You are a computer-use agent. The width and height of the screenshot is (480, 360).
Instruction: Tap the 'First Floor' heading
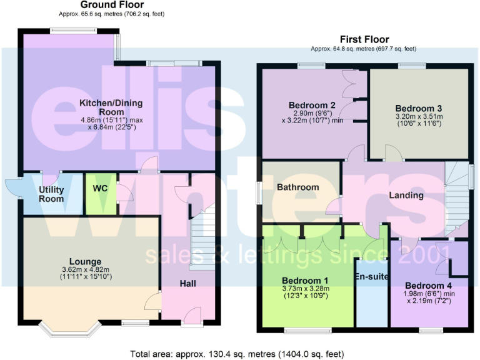(x=364, y=39)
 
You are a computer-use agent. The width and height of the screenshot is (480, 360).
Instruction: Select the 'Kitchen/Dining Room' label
(x=111, y=107)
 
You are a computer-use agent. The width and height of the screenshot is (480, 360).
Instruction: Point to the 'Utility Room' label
(x=51, y=194)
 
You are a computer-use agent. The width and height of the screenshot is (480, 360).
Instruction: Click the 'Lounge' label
(x=86, y=261)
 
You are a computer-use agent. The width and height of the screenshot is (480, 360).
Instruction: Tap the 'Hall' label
(x=187, y=284)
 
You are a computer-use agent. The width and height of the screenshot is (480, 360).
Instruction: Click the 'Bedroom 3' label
(x=418, y=107)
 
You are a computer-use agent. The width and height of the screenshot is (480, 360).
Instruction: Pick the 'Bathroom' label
(x=298, y=187)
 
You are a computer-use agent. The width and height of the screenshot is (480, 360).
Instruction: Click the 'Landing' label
(x=406, y=195)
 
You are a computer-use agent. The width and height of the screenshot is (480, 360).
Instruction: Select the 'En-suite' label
(x=371, y=276)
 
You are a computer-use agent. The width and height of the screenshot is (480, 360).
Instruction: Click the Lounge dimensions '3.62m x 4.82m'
(x=86, y=269)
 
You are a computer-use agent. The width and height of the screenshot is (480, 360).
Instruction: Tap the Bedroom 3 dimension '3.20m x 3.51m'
(x=419, y=116)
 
